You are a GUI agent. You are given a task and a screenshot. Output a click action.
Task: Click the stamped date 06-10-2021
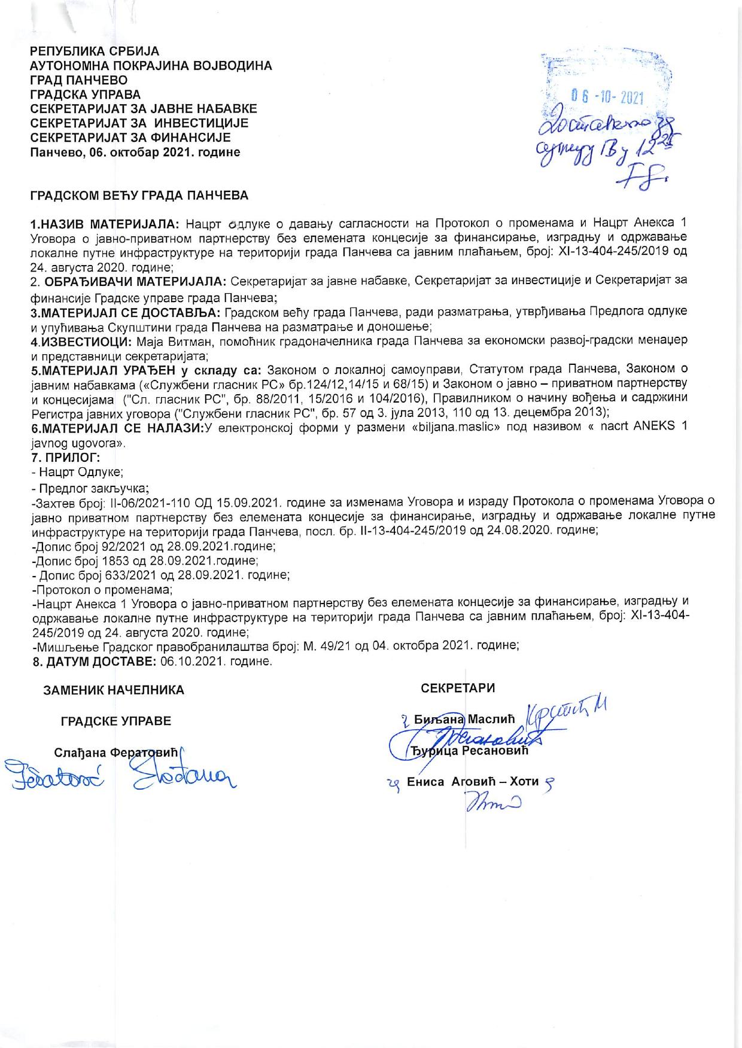(606, 95)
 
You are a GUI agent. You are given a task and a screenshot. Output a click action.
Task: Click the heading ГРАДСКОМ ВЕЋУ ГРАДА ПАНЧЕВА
(139, 196)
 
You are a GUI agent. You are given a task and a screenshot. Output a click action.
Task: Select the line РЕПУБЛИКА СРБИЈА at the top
(95, 51)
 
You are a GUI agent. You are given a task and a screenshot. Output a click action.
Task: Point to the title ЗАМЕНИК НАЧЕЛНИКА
(114, 690)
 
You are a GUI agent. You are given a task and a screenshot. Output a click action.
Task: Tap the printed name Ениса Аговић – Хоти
(473, 781)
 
